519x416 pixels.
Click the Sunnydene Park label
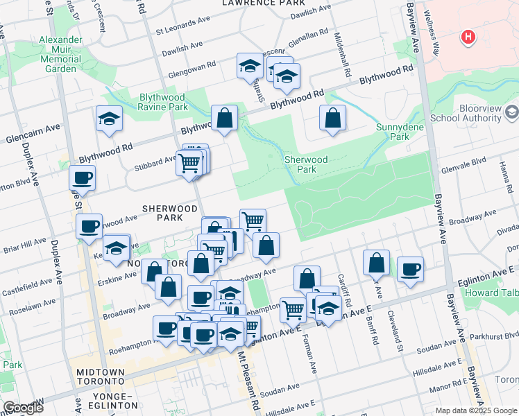point(395,132)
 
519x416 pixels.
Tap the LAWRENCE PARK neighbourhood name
point(253,3)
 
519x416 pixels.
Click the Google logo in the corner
point(23,408)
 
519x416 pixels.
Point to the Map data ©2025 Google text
point(476,410)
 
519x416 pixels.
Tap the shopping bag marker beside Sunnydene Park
point(333,119)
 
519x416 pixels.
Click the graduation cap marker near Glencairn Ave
point(109,120)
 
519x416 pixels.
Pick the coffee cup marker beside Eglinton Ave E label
point(410,269)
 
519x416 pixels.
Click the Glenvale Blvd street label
point(469,162)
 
